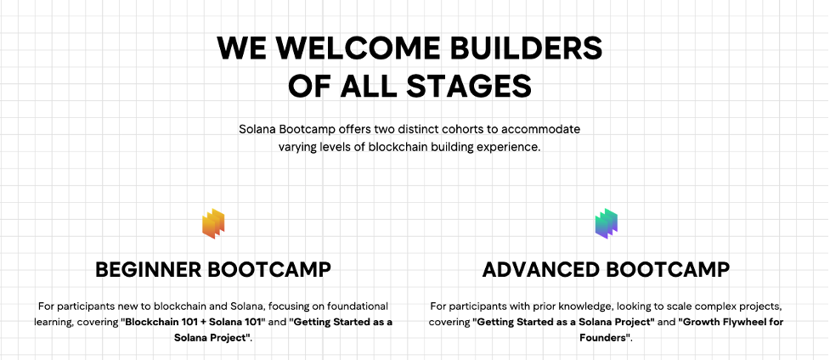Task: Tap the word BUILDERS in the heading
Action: (526, 48)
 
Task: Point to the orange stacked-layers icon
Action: (213, 223)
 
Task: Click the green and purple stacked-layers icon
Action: (607, 223)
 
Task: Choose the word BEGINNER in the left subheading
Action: (149, 269)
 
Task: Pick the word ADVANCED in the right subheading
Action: (542, 269)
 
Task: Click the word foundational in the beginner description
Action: (358, 306)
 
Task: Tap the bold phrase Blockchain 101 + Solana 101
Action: (193, 322)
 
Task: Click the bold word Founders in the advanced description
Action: (603, 338)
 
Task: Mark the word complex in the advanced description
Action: (713, 307)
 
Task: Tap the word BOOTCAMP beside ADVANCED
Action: (668, 269)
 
